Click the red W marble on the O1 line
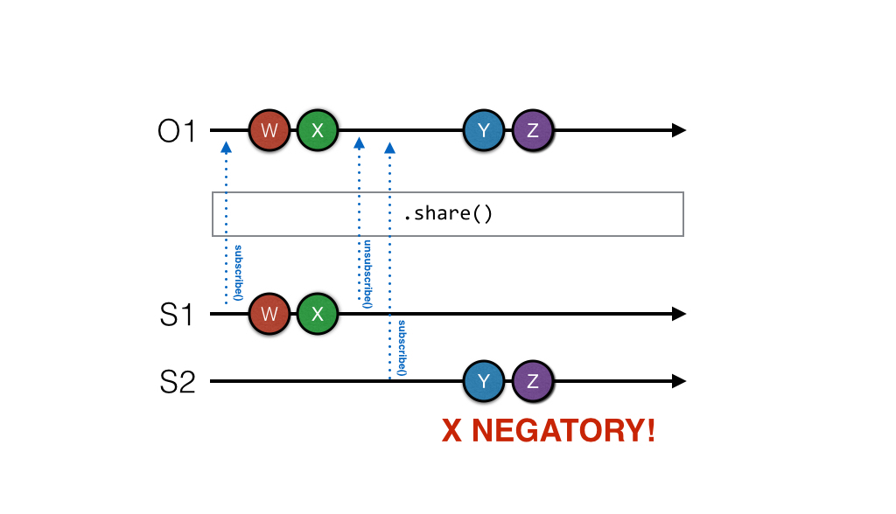(269, 131)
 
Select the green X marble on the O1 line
(318, 131)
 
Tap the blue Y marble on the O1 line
(485, 131)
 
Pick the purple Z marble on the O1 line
(532, 131)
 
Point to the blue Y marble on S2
(485, 381)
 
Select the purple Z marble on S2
(532, 381)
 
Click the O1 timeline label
(177, 132)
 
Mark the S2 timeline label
(177, 382)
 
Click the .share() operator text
(447, 213)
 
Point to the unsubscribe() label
(367, 274)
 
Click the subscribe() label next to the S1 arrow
(237, 274)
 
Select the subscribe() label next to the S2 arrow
(401, 347)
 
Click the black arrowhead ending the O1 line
(678, 131)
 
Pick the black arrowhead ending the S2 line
(678, 381)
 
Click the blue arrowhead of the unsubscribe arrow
(359, 142)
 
